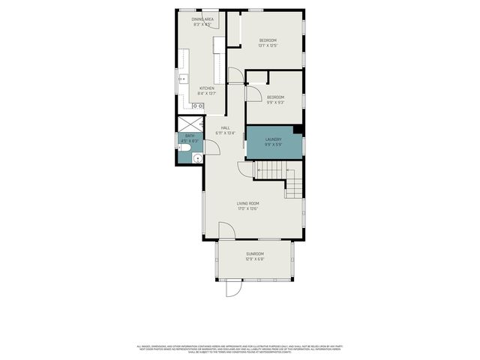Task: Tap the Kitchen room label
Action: coord(206,88)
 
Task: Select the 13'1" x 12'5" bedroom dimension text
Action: coord(268,46)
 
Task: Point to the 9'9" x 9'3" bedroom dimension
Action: coord(276,103)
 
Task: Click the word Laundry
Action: coord(273,139)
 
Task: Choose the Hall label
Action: coord(225,127)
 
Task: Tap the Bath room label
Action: coord(190,136)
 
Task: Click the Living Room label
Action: coord(248,202)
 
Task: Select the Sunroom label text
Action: coord(256,254)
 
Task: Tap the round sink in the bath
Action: coord(196,157)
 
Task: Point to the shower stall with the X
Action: coord(190,123)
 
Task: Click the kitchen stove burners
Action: coord(197,106)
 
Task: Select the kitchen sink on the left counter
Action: coord(182,77)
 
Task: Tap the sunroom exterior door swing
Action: coord(233,288)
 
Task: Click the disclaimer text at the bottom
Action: coord(240,349)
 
